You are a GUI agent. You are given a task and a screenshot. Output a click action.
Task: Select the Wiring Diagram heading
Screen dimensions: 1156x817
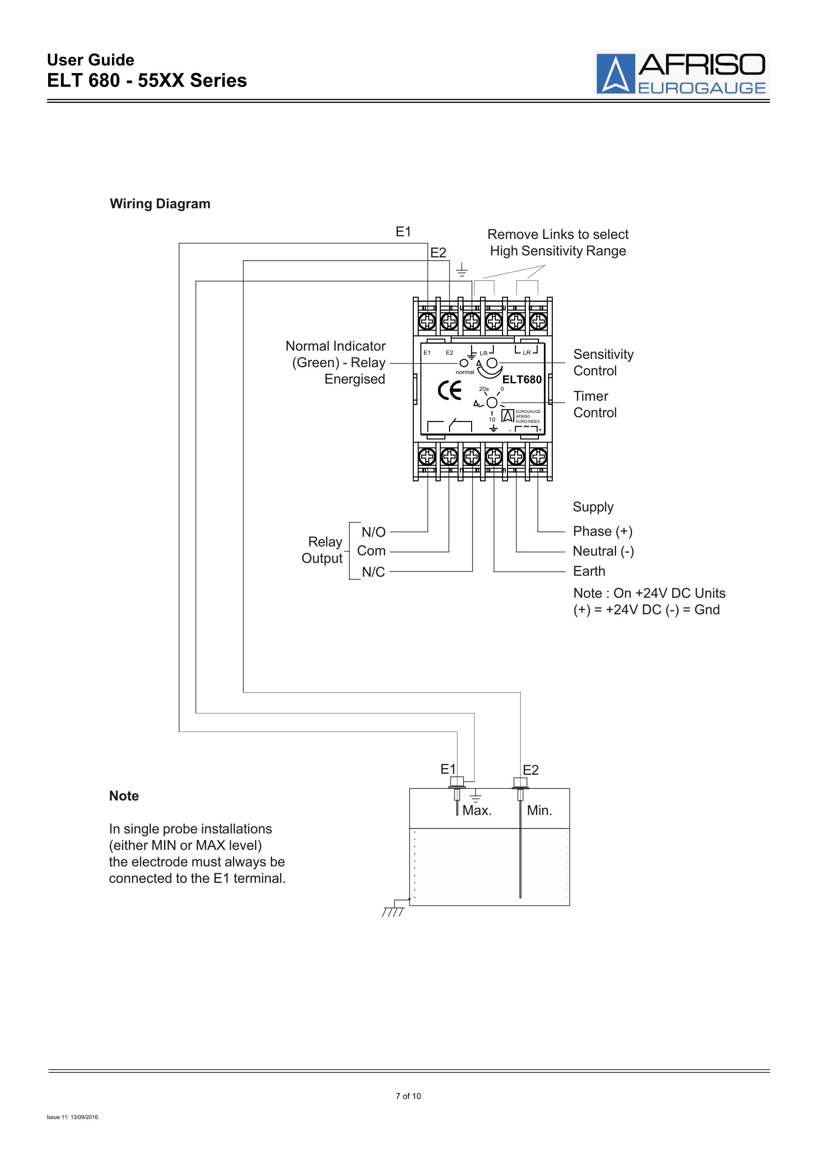point(160,204)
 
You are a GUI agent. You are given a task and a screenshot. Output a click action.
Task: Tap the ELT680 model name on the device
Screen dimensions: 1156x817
point(522,380)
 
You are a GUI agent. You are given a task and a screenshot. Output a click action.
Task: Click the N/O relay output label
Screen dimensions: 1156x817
point(374,532)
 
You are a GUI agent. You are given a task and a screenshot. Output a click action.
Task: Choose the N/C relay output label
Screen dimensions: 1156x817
point(374,572)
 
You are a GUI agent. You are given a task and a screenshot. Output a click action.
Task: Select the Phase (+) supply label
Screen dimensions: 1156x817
point(603,531)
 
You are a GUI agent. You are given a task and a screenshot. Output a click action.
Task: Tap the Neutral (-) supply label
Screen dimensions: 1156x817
point(604,551)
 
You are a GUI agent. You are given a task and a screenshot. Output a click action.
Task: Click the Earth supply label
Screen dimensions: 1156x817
point(589,571)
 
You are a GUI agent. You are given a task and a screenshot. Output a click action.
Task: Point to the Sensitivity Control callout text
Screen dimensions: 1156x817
point(603,362)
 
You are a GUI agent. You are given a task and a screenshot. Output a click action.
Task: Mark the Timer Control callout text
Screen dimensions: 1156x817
point(595,404)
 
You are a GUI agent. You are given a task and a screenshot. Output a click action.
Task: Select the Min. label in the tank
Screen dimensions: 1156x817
point(540,811)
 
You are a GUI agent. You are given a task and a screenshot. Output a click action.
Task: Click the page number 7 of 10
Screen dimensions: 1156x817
point(408,1096)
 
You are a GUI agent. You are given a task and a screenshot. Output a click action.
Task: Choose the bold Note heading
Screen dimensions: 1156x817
point(124,796)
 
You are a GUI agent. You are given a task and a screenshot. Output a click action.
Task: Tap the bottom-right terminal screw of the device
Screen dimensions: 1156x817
point(538,457)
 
